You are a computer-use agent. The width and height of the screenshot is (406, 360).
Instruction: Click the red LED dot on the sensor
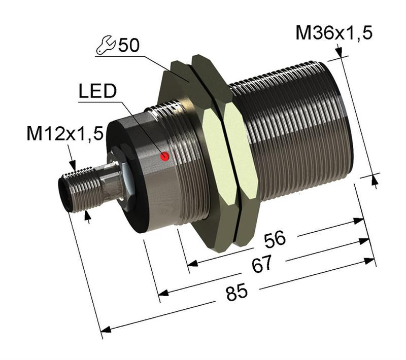[x=164, y=157]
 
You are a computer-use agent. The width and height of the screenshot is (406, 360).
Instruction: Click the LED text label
[x=97, y=92]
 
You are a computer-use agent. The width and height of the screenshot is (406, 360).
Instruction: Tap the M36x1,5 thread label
[x=334, y=33]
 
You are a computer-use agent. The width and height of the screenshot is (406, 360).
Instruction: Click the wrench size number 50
[x=129, y=46]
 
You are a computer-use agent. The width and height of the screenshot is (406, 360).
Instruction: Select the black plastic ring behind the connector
[x=127, y=172]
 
